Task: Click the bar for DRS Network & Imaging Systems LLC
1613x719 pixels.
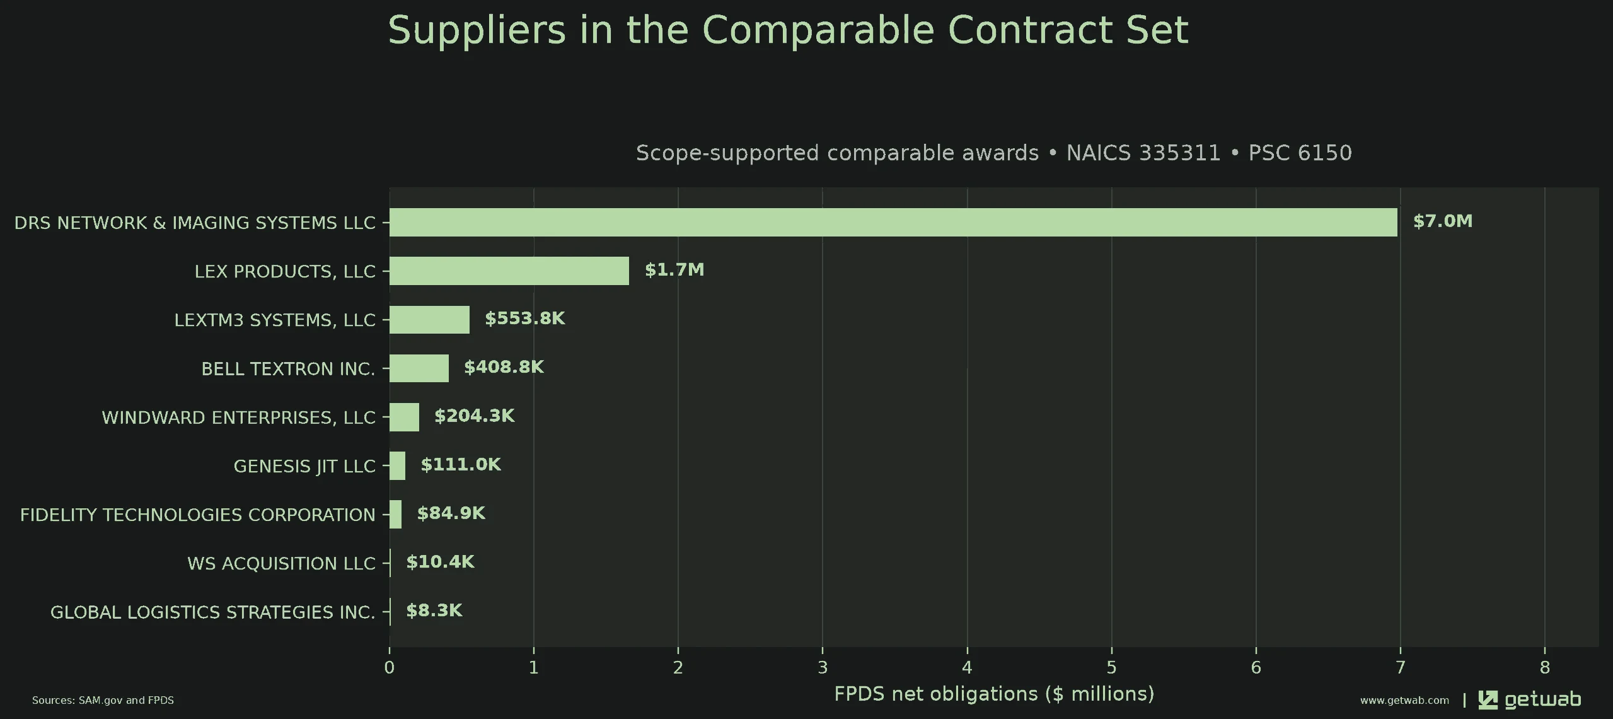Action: click(x=893, y=222)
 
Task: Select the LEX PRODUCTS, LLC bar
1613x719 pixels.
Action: click(x=509, y=271)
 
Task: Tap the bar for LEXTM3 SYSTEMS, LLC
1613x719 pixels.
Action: click(x=429, y=319)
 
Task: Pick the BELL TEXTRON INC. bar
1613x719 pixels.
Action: click(x=419, y=368)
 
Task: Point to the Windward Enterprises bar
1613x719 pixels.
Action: click(x=404, y=417)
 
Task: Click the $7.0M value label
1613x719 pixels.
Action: click(x=1443, y=221)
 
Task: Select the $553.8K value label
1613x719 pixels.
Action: click(x=525, y=319)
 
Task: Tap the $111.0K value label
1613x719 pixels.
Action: click(x=461, y=465)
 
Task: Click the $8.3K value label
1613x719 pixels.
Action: click(x=434, y=611)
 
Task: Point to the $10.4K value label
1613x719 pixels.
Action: click(x=440, y=562)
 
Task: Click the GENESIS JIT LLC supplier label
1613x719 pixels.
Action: click(x=304, y=466)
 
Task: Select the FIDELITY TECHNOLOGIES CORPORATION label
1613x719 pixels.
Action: click(x=197, y=515)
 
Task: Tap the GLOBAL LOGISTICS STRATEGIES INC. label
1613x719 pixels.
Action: click(x=212, y=612)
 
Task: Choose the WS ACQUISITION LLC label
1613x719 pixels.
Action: click(x=281, y=563)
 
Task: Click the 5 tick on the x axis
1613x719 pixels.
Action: click(x=1111, y=667)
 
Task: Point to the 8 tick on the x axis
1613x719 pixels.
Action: click(x=1544, y=667)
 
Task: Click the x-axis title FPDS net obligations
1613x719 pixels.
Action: click(x=994, y=694)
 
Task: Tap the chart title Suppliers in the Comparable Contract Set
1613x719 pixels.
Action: click(x=788, y=30)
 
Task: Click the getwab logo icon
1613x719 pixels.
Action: click(x=1488, y=699)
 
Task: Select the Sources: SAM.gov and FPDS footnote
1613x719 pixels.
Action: click(x=103, y=700)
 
